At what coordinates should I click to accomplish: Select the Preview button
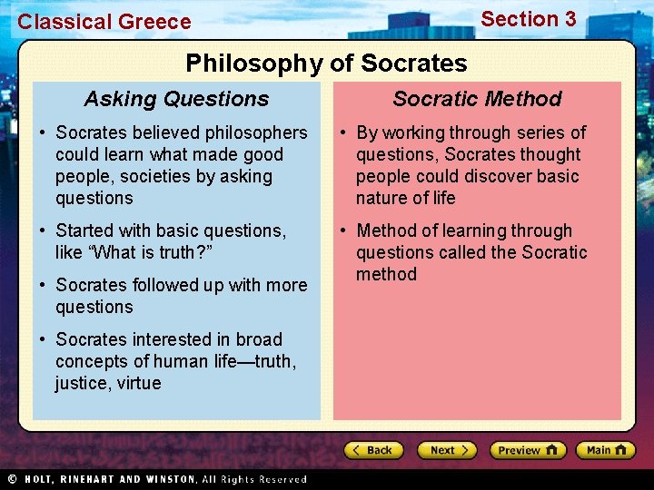(x=527, y=450)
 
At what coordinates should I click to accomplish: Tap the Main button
(x=608, y=450)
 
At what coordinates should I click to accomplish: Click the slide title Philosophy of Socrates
(x=326, y=64)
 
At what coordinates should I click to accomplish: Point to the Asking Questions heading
(x=176, y=99)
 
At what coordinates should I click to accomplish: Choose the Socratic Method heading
(x=477, y=99)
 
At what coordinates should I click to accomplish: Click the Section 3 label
(x=528, y=19)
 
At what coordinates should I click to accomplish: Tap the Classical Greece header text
(x=104, y=22)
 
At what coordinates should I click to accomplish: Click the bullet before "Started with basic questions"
(x=43, y=231)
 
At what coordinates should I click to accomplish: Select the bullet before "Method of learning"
(x=343, y=231)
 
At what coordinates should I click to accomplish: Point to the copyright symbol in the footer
(x=12, y=479)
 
